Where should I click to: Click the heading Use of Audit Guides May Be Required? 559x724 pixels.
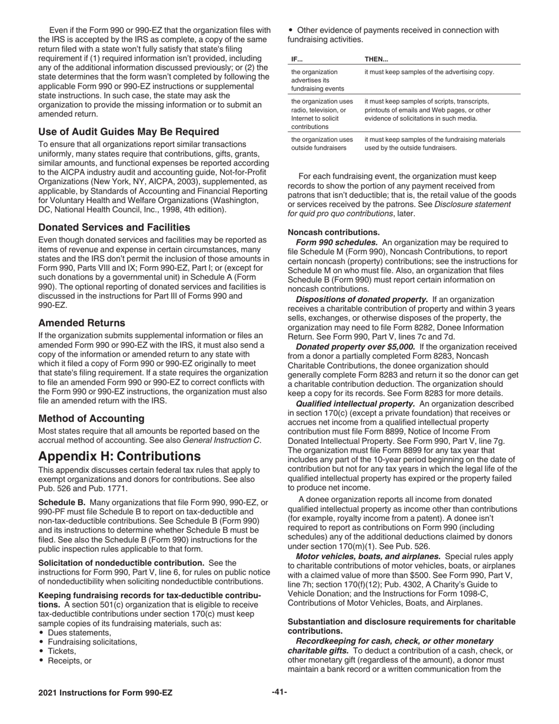click(x=128, y=131)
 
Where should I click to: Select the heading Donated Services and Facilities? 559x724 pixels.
click(x=114, y=227)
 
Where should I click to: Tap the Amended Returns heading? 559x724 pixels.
click(x=81, y=323)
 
